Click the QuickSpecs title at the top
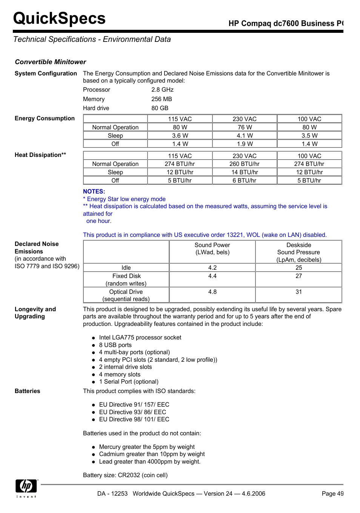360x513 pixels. [x=59, y=18]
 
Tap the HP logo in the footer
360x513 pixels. [x=26, y=486]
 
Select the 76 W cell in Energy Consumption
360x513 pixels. [x=245, y=127]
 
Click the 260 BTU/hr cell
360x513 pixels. [x=245, y=164]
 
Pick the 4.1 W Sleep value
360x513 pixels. [x=245, y=136]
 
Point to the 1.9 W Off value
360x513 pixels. [x=245, y=144]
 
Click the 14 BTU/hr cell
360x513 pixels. [x=245, y=172]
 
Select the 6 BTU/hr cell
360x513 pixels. [x=245, y=181]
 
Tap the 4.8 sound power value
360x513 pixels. [x=212, y=292]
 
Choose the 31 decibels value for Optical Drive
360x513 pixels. [x=298, y=292]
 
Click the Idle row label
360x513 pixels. [x=126, y=268]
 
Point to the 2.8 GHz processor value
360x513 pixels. [x=162, y=90]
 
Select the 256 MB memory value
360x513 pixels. [x=162, y=99]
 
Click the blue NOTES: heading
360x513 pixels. [x=94, y=192]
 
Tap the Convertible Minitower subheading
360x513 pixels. [x=51, y=62]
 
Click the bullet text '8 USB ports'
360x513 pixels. [x=115, y=345]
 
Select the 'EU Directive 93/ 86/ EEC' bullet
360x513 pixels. [x=132, y=412]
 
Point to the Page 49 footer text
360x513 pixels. [x=332, y=494]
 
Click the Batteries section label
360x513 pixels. [x=27, y=391]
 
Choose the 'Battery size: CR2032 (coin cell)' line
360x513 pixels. [x=125, y=475]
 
